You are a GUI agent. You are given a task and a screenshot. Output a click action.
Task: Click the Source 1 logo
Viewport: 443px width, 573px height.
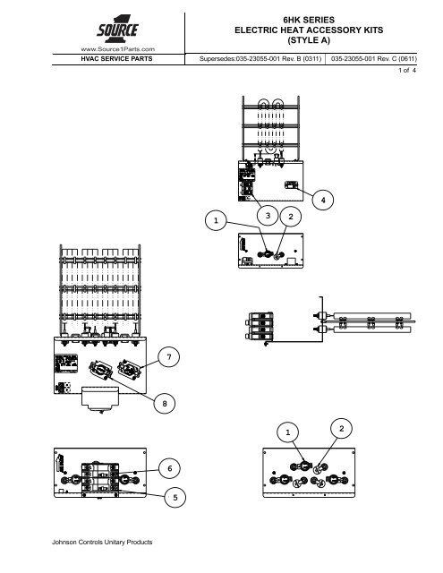point(117,30)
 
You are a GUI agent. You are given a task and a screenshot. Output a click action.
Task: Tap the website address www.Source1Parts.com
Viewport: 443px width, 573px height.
point(117,49)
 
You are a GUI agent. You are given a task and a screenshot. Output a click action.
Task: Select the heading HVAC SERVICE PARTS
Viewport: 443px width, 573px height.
point(116,59)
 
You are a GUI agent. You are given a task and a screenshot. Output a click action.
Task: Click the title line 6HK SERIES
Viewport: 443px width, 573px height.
point(309,20)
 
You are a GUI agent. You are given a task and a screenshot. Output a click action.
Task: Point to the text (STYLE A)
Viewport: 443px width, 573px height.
point(309,40)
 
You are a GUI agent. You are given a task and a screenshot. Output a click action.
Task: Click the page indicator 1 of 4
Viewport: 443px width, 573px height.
point(407,70)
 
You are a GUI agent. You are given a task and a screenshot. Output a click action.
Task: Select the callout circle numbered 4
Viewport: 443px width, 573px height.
point(323,200)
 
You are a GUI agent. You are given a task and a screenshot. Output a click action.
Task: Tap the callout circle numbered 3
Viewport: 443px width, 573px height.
point(268,215)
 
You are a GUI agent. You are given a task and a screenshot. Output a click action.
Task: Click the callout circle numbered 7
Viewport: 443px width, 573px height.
point(169,356)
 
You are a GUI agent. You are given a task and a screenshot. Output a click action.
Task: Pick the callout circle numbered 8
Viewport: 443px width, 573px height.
point(165,403)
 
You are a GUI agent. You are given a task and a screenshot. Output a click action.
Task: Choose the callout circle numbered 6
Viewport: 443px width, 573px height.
point(169,468)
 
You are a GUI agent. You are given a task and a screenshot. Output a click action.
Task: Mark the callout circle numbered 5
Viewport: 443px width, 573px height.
point(175,497)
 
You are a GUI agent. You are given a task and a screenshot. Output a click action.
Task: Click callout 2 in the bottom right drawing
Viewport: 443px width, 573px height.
point(342,428)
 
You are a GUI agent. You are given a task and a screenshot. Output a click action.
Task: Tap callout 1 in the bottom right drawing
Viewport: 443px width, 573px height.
point(288,432)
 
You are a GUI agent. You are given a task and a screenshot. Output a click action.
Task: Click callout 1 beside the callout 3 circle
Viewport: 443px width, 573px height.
point(216,220)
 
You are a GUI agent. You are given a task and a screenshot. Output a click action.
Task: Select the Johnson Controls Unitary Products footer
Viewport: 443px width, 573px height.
point(102,542)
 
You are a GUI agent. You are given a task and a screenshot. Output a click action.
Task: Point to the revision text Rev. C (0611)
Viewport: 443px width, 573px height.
point(396,59)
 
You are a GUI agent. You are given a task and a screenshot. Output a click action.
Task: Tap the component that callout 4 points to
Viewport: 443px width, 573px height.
point(291,185)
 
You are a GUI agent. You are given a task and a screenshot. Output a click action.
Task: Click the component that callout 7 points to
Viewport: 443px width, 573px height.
point(129,370)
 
